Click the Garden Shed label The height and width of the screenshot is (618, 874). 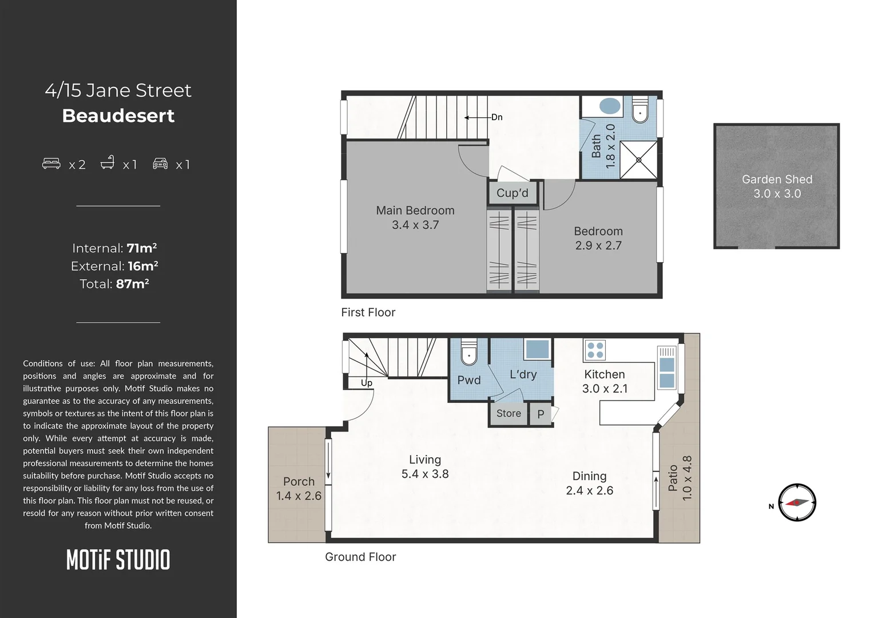[x=777, y=179]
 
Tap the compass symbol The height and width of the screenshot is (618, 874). [x=797, y=502]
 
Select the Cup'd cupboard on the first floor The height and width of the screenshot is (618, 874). [x=513, y=193]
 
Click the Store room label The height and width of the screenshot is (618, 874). [x=508, y=413]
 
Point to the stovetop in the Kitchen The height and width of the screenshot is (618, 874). [x=595, y=350]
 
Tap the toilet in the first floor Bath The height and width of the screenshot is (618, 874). [x=640, y=110]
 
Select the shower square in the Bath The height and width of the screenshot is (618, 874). [x=638, y=160]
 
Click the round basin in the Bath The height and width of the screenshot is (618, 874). [x=610, y=106]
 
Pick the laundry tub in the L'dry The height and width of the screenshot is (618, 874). [x=537, y=349]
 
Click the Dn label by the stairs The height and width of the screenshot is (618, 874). [x=496, y=117]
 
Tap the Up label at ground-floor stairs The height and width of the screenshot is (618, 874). [x=367, y=383]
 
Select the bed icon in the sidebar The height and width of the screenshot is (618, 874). [x=51, y=163]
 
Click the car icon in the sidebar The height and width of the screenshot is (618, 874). [x=160, y=163]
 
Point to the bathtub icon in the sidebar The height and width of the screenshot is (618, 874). [x=108, y=162]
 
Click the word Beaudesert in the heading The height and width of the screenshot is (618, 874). [x=118, y=116]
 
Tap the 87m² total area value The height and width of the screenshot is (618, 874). [x=132, y=284]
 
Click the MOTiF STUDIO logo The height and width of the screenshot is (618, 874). [x=118, y=560]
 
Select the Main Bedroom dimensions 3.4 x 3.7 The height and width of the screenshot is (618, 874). [x=415, y=225]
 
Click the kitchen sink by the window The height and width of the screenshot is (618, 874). [x=667, y=367]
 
